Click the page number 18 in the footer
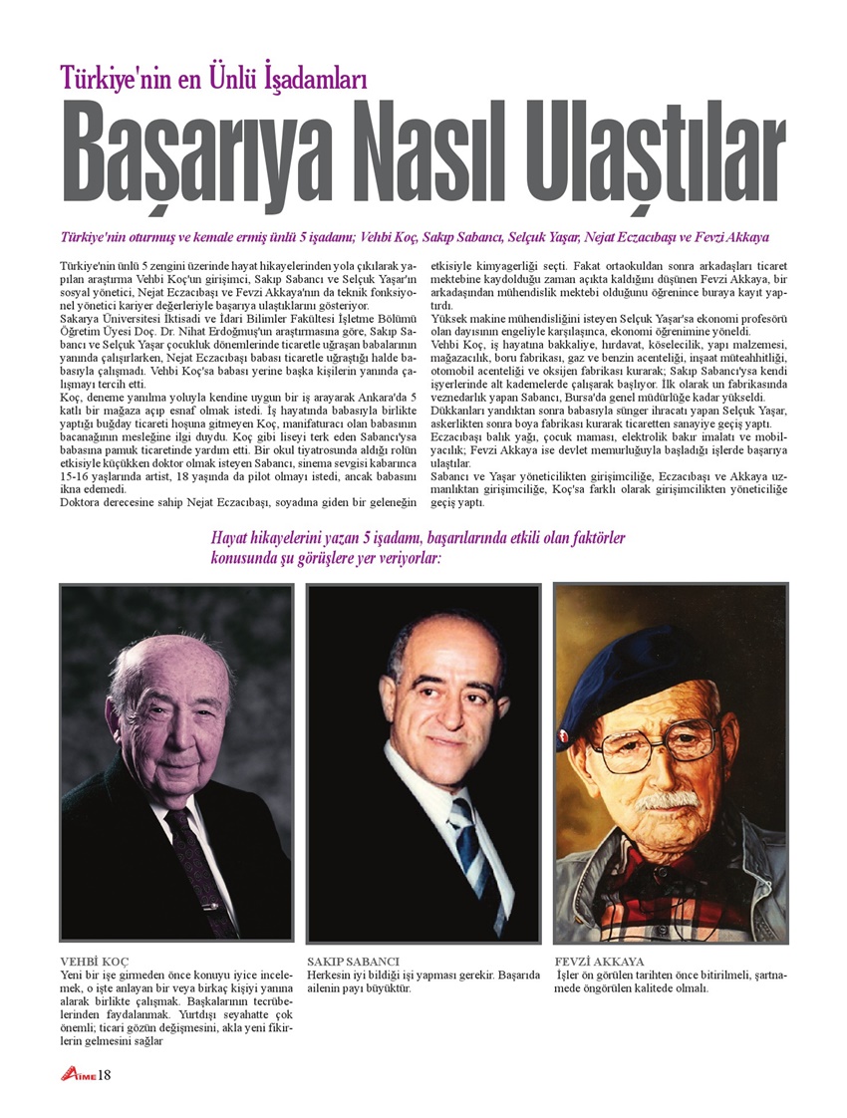tap(104, 1074)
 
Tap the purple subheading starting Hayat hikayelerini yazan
tap(418, 548)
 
